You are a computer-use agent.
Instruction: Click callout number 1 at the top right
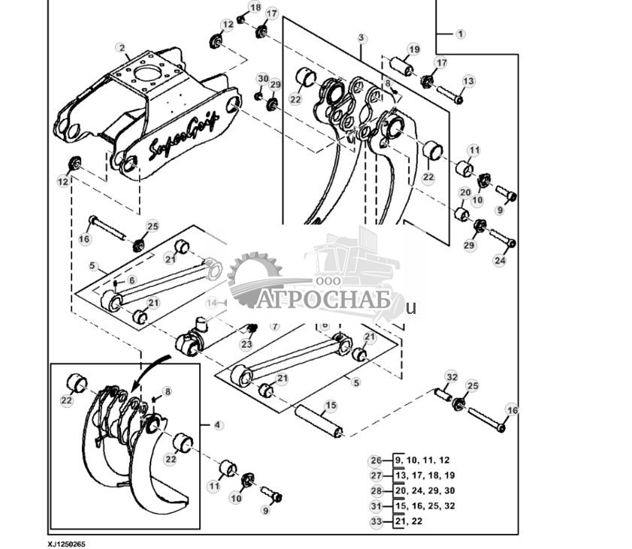pyautogui.click(x=460, y=34)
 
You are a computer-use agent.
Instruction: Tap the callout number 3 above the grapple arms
pyautogui.click(x=361, y=38)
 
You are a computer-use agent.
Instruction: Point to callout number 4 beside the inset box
pyautogui.click(x=218, y=425)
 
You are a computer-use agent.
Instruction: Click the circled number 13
pyautogui.click(x=468, y=81)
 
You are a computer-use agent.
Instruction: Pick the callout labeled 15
pyautogui.click(x=330, y=406)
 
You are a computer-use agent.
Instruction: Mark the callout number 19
pyautogui.click(x=413, y=50)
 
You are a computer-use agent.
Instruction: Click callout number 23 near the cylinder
pyautogui.click(x=246, y=344)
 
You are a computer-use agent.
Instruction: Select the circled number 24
pyautogui.click(x=500, y=261)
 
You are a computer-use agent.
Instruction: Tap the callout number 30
pyautogui.click(x=262, y=79)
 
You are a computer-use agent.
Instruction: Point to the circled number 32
pyautogui.click(x=451, y=376)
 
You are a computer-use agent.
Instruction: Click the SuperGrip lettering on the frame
pyautogui.click(x=183, y=136)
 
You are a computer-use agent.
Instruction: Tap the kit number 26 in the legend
pyautogui.click(x=376, y=460)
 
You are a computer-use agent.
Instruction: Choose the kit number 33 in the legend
pyautogui.click(x=376, y=521)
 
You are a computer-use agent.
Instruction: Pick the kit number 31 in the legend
pyautogui.click(x=376, y=505)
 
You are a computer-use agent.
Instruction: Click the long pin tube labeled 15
pyautogui.click(x=319, y=421)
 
